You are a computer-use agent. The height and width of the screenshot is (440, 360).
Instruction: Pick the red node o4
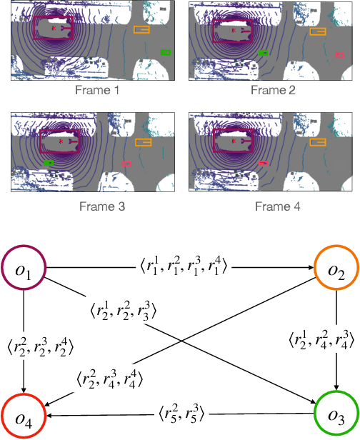pos(26,414)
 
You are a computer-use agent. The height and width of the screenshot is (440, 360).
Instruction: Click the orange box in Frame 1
pos(141,29)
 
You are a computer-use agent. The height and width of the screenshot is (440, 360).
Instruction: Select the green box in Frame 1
pos(166,52)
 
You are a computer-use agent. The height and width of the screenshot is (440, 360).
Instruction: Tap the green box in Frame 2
pos(264,52)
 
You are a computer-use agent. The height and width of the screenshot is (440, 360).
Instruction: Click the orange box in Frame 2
pos(318,31)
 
